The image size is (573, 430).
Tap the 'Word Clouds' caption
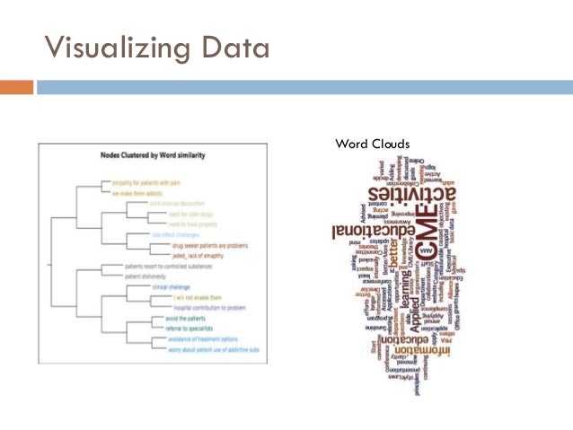372,144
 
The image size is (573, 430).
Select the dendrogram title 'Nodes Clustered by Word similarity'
154,155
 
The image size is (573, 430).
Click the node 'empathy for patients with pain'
146,183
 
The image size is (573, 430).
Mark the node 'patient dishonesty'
147,277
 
